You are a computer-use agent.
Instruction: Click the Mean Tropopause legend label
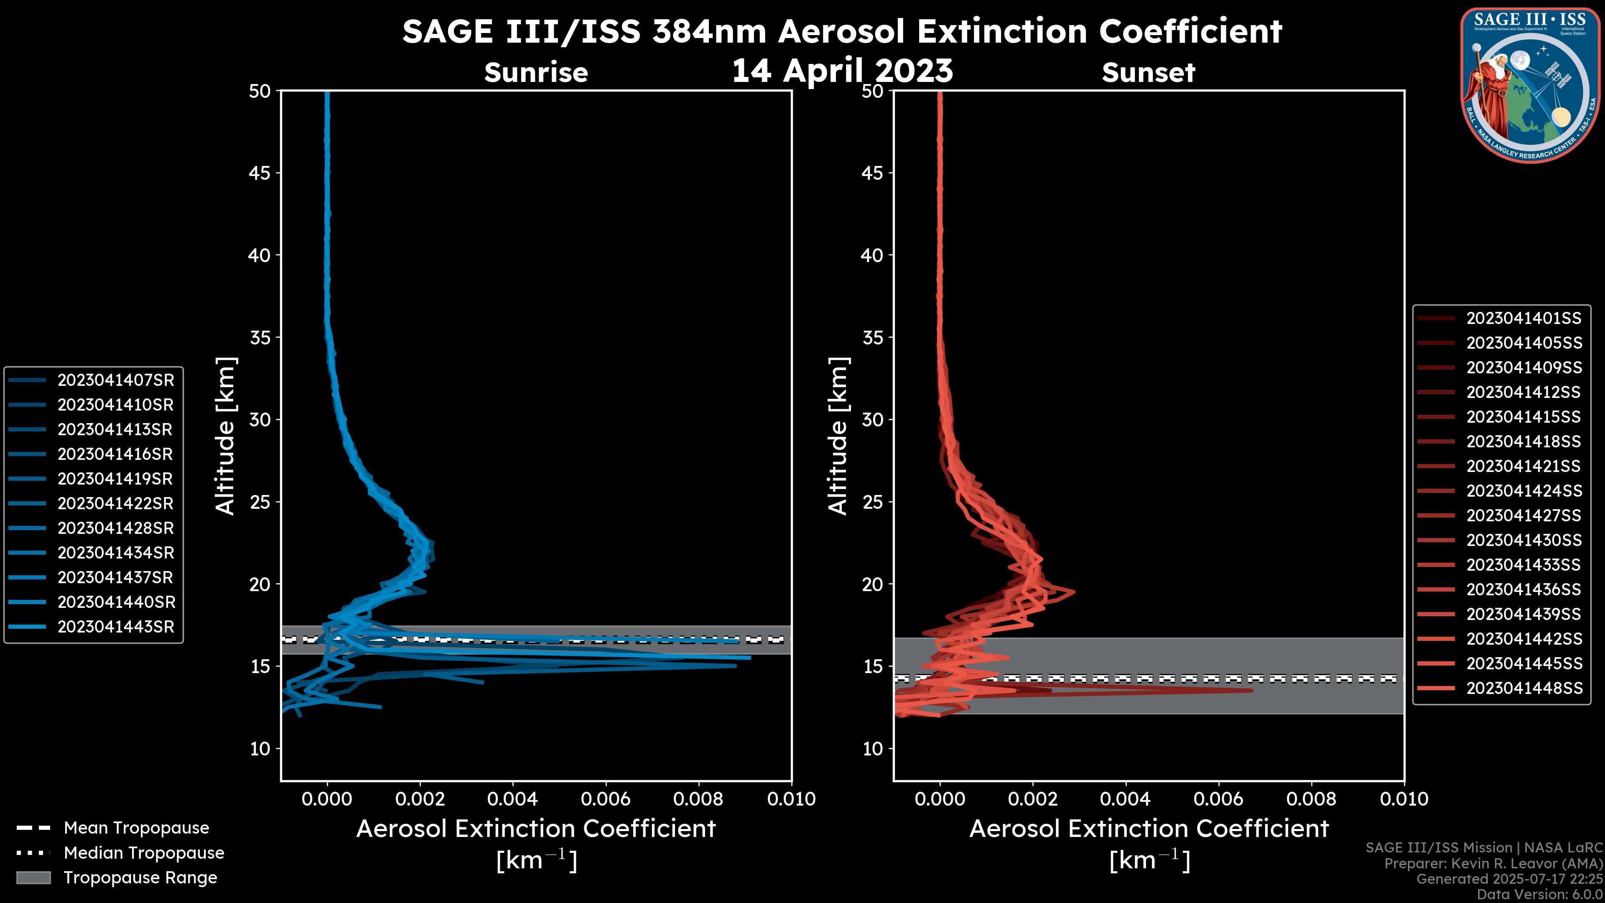pyautogui.click(x=136, y=828)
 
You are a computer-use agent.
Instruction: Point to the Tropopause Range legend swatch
pyautogui.click(x=33, y=878)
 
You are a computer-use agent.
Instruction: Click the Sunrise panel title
pyautogui.click(x=536, y=72)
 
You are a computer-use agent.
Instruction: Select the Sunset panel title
pyautogui.click(x=1148, y=72)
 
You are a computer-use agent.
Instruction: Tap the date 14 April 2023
pyautogui.click(x=842, y=70)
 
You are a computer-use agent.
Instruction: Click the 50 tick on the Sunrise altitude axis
pyautogui.click(x=260, y=92)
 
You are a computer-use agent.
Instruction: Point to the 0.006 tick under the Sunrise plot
pyautogui.click(x=606, y=799)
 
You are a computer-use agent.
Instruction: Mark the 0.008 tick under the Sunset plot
pyautogui.click(x=1312, y=799)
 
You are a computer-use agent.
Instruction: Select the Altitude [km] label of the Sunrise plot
pyautogui.click(x=225, y=436)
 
